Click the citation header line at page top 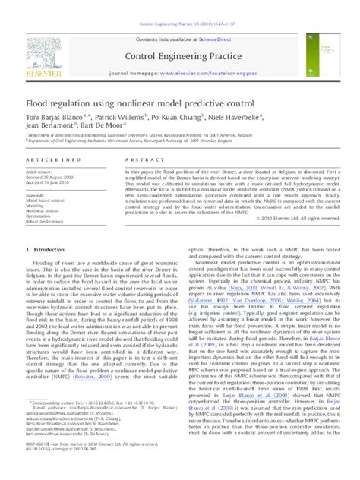pyautogui.click(x=181, y=4)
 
